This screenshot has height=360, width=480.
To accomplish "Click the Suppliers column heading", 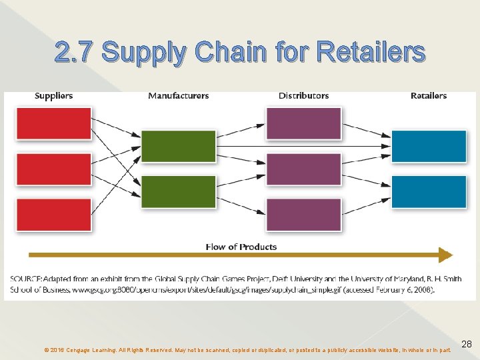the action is (53, 96).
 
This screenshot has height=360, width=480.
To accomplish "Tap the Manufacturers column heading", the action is (178, 96).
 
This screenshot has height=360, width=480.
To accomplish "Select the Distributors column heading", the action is (303, 96).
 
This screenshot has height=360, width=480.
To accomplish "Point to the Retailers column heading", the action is (428, 96).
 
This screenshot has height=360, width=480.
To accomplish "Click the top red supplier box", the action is (53, 124).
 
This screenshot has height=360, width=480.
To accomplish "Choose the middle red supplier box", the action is (53, 169).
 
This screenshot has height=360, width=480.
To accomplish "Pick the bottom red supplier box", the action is (53, 215).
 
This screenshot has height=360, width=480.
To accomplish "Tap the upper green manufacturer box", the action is (179, 147).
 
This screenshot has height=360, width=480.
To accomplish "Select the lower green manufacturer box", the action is (179, 192).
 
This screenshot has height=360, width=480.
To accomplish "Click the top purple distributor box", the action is (303, 124).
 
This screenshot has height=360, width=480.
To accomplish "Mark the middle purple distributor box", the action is (303, 169).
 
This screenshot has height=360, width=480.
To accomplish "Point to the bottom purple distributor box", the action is (303, 215).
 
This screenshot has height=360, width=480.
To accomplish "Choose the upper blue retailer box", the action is (429, 147).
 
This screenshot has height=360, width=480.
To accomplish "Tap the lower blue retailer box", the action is (429, 192).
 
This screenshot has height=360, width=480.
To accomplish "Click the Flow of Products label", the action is (241, 247).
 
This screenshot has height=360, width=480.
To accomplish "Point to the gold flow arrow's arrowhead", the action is (446, 255).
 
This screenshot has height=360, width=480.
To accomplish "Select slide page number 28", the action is (467, 344).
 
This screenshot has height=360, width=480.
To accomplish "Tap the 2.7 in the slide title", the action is (75, 51).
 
